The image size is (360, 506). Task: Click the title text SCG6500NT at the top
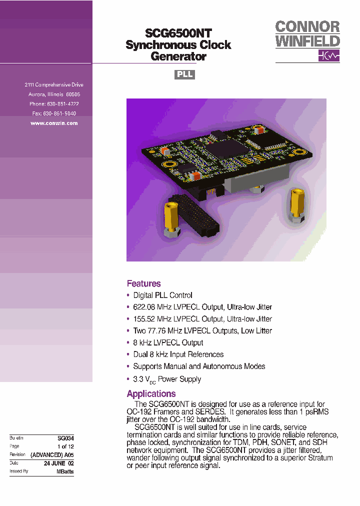(x=178, y=33)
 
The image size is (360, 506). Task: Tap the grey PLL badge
(x=184, y=74)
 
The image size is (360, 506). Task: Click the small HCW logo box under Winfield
(x=328, y=55)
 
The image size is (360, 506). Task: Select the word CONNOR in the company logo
(x=307, y=27)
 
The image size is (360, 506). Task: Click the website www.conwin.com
(x=54, y=123)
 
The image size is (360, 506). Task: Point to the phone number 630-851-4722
(x=62, y=104)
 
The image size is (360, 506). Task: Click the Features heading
(x=143, y=283)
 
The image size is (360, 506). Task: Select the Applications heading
(x=151, y=393)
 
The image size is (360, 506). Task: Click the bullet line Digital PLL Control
(x=162, y=295)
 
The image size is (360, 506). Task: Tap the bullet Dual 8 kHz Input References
(x=178, y=354)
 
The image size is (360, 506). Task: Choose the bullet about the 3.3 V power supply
(x=167, y=379)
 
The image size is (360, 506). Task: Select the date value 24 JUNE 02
(x=58, y=463)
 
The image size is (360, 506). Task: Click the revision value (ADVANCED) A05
(x=52, y=455)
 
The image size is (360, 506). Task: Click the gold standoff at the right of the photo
(x=295, y=204)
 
